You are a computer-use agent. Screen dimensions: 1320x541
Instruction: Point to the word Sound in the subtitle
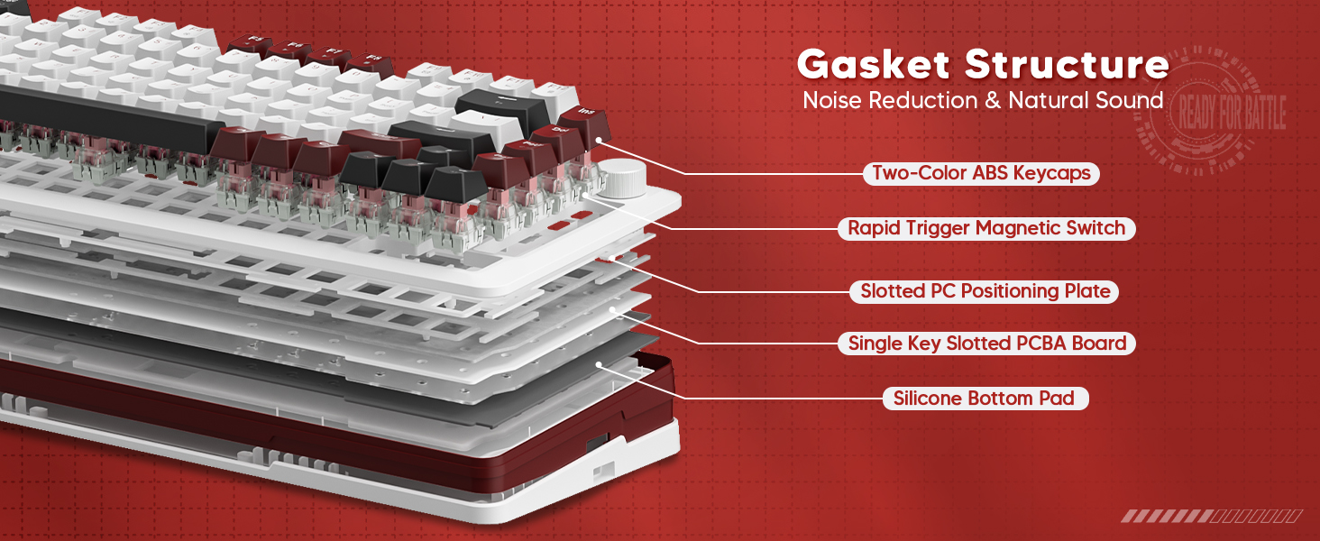point(1129,100)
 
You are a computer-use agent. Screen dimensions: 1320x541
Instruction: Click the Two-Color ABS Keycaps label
point(981,173)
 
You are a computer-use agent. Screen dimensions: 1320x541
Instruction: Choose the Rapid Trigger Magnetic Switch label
point(986,228)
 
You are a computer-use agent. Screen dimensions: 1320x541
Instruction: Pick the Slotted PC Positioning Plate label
point(984,291)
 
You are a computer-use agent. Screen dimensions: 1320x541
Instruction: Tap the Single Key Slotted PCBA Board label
point(986,344)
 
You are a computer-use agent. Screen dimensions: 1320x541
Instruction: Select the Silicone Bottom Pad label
point(984,398)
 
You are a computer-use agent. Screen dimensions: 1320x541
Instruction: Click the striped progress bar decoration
point(1211,516)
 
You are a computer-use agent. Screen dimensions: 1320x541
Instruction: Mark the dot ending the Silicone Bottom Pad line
point(599,364)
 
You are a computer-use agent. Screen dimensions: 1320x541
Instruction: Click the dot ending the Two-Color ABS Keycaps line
point(598,140)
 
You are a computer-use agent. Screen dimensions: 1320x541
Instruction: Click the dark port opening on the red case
point(596,444)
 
